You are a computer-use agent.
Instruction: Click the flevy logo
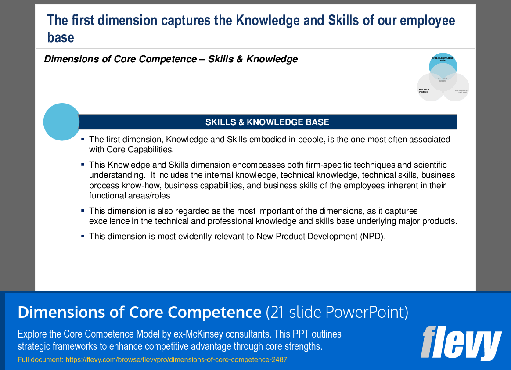pos(461,343)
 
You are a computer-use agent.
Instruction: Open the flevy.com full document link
pos(176,360)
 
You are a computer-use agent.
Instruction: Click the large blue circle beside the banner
pos(61,122)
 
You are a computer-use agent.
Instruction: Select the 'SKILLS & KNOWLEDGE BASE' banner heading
pos(267,122)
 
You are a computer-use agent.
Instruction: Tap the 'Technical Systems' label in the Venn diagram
pos(424,91)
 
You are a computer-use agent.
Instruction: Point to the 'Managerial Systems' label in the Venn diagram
pos(461,91)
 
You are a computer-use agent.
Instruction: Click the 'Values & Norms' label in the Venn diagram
pos(443,80)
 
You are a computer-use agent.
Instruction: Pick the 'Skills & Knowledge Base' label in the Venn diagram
pos(443,59)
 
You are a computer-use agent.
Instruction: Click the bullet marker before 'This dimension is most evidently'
pos(83,236)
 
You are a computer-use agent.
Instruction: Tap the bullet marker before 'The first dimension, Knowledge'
pos(83,139)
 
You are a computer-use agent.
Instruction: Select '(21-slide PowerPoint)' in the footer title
pos(337,312)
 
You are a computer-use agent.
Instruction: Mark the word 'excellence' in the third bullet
pos(108,221)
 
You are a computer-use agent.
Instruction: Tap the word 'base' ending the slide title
pos(61,37)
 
